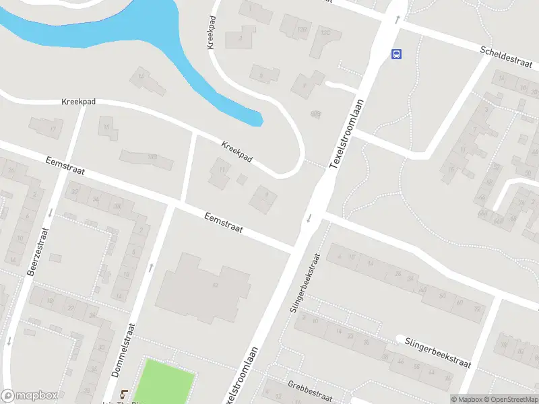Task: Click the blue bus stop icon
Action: tap(397, 55)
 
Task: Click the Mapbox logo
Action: tap(30, 396)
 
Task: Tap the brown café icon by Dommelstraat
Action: tap(123, 395)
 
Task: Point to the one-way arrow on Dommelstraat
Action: tap(150, 267)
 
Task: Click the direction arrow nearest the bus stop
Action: tap(397, 20)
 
